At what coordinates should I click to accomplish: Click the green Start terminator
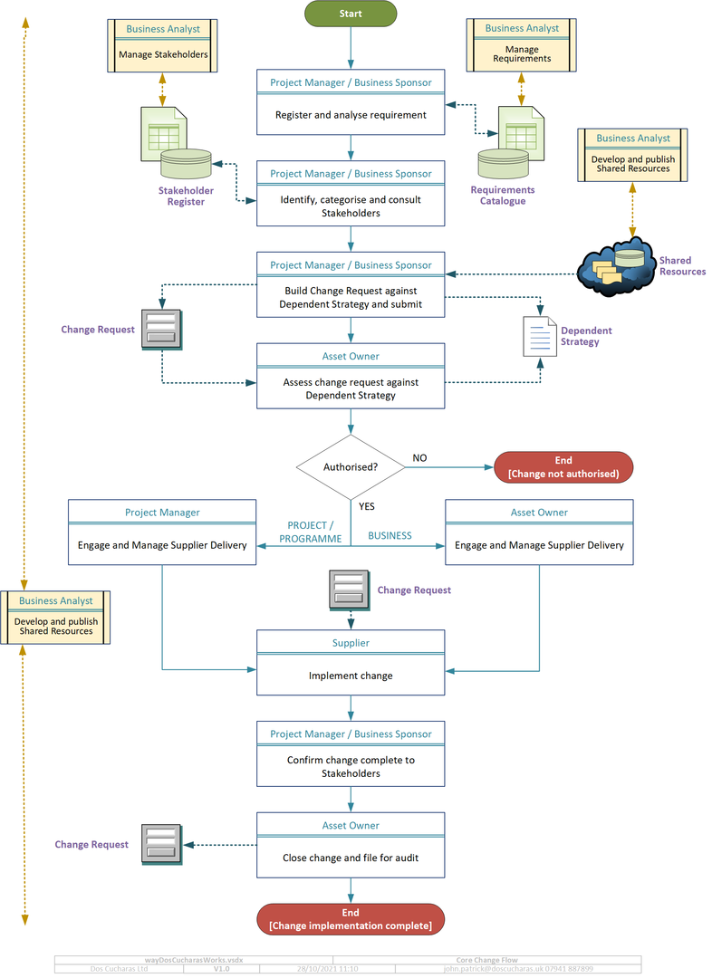pos(351,14)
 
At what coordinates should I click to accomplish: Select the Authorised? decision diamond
pos(351,467)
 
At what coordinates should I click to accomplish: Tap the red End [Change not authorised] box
pos(563,467)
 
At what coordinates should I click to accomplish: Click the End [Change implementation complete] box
pos(351,919)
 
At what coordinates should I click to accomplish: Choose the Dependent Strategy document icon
pos(539,336)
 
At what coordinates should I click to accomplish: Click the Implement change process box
pos(351,675)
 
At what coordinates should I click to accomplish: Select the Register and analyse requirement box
pos(351,115)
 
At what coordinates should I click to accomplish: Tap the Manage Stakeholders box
pos(163,54)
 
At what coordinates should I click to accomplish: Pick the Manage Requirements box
pos(522,53)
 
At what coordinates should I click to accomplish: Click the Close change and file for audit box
pos(351,857)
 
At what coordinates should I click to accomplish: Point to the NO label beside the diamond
pos(419,458)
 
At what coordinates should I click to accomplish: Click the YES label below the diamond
pos(366,506)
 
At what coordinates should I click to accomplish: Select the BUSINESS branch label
pos(390,536)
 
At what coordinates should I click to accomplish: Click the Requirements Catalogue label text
pos(503,196)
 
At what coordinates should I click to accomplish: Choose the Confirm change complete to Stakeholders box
pos(351,766)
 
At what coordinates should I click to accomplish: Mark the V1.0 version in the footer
pos(222,969)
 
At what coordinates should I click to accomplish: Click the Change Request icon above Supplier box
pos(349,590)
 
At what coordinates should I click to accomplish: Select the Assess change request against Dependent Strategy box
pos(351,388)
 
